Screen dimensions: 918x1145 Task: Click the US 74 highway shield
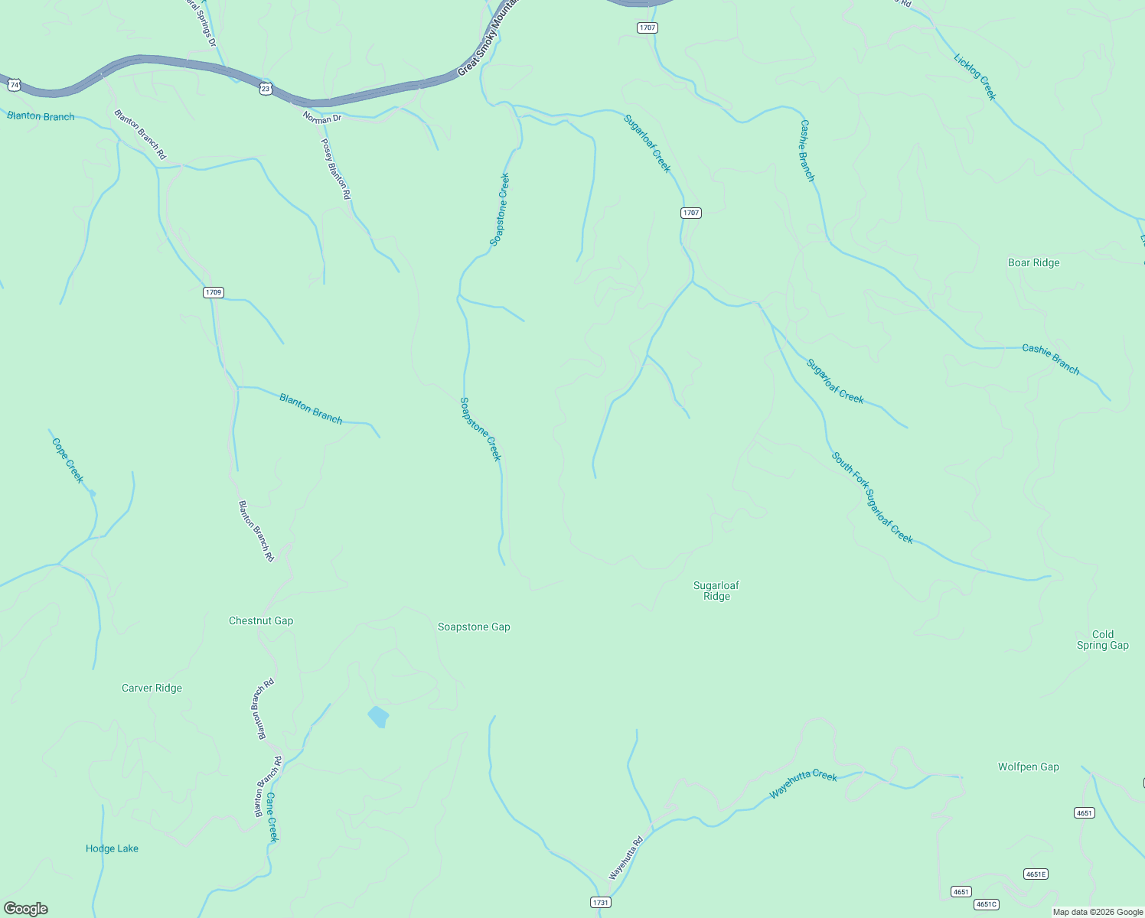14,85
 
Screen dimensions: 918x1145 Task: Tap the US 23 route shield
265,89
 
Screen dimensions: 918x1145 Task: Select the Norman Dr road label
321,118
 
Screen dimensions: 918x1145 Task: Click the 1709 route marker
214,292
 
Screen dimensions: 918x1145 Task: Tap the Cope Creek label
67,460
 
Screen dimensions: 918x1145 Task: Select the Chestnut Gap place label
261,620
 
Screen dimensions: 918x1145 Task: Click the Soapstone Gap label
474,627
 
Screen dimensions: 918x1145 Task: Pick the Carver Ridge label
152,688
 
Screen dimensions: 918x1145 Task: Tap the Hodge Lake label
112,848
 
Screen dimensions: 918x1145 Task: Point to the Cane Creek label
272,817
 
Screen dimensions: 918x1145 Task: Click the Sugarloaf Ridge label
716,591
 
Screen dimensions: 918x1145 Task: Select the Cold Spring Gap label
1103,640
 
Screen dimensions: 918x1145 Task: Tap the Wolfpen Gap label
1028,767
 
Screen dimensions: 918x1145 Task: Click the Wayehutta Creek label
803,784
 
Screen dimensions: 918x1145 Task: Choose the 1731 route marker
601,903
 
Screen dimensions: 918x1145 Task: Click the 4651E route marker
1036,874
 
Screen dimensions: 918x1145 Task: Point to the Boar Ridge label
1033,262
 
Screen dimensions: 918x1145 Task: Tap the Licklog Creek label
975,76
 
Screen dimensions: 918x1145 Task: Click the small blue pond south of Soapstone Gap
378,717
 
